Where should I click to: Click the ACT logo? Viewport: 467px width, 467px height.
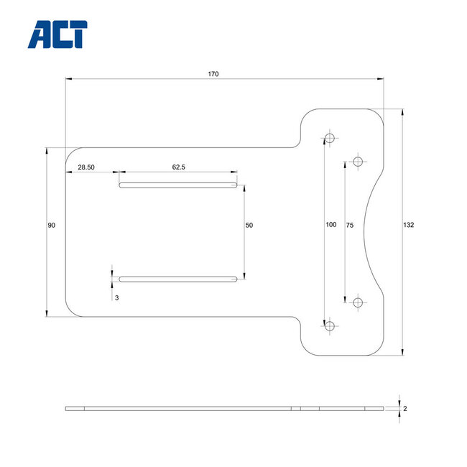click(57, 34)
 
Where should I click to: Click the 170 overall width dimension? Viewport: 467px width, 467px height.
click(213, 74)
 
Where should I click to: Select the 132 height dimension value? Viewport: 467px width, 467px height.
click(409, 225)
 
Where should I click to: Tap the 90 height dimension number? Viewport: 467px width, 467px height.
click(52, 226)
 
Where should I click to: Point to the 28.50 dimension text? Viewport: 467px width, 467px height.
click(86, 167)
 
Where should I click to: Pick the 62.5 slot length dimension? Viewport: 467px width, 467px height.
click(179, 167)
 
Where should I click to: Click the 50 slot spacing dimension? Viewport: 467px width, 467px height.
click(249, 226)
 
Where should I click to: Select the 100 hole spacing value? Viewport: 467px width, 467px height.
click(330, 225)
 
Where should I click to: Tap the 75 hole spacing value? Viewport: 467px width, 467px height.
click(350, 225)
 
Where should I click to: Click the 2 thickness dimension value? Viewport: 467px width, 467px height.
click(405, 408)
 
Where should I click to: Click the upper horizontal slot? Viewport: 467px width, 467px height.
click(178, 185)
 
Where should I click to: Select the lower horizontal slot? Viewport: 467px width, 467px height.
click(178, 279)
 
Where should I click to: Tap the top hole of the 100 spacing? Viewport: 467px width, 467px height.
click(330, 138)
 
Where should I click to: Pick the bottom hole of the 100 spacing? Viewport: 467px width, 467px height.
click(330, 325)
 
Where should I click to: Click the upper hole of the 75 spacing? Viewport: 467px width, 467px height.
click(358, 162)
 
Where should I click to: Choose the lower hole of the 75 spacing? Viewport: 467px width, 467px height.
click(358, 302)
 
